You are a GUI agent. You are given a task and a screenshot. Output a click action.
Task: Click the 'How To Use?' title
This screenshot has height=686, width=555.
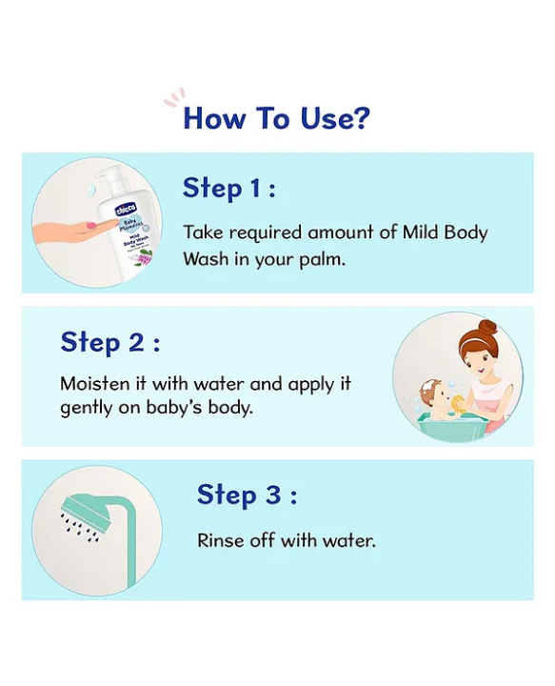click(x=276, y=118)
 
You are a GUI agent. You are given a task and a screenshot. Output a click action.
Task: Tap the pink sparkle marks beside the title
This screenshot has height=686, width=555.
click(x=173, y=98)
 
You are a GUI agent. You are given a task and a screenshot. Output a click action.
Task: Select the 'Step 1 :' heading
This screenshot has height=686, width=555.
click(x=229, y=188)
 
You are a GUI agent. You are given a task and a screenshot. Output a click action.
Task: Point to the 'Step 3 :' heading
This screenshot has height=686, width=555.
click(x=247, y=494)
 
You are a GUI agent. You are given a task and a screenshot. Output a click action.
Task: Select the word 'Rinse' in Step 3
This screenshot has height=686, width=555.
click(x=219, y=540)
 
